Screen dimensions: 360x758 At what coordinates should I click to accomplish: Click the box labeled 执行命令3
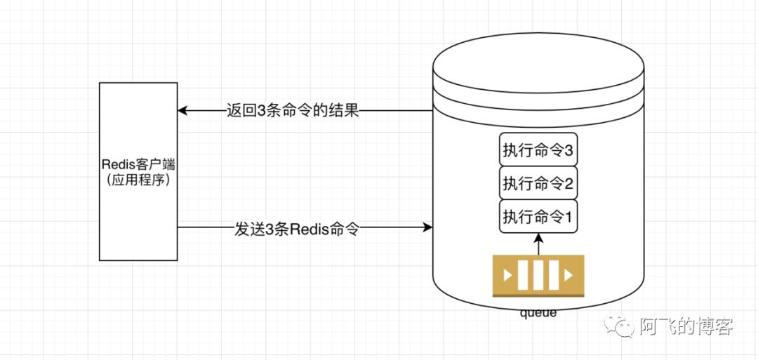coord(538,149)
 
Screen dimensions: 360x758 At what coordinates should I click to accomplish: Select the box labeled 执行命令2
coord(538,183)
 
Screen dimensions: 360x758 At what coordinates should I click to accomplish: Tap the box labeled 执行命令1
coord(538,217)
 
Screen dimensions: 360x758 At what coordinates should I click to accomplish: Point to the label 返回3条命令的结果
coord(293,111)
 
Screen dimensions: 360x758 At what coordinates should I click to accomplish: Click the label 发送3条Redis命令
coord(297,228)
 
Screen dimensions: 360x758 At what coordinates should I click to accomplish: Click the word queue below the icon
coord(538,313)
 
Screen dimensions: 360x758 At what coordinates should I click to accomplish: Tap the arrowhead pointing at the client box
coord(182,111)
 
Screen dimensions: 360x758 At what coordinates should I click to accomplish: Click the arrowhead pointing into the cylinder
coord(427,227)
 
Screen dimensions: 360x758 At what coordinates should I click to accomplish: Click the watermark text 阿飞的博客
coord(686,326)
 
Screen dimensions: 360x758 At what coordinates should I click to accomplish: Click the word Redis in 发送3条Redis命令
coord(305,228)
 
